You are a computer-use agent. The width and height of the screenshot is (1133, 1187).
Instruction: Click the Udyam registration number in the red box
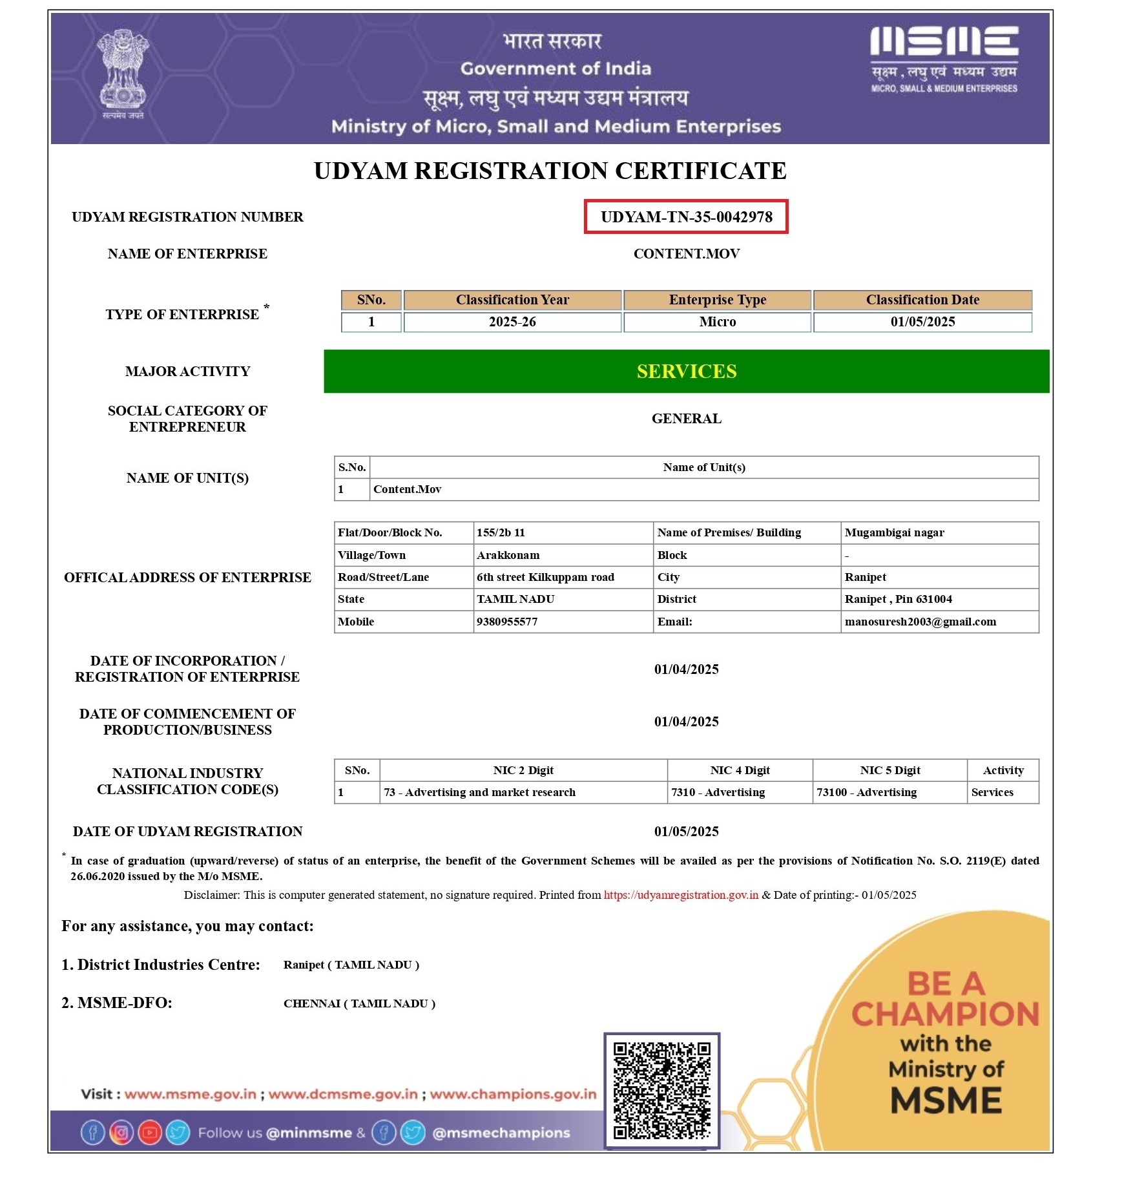686,217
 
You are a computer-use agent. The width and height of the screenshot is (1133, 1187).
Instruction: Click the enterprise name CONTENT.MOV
686,254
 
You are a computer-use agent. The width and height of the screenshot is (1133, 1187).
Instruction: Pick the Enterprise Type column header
717,300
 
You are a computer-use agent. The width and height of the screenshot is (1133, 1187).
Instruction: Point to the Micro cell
717,322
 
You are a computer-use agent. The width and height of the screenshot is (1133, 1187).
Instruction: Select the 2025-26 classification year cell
512,322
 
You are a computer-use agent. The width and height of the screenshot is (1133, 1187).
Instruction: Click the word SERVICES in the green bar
686,372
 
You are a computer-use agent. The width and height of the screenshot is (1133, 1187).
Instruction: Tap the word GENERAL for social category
686,419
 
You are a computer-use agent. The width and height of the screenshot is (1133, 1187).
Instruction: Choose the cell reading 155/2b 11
501,533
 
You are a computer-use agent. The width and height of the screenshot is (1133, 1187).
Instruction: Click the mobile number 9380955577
507,622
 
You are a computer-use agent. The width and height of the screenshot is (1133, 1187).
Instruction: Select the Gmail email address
920,622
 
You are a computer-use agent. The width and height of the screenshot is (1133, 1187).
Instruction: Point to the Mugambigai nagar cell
894,533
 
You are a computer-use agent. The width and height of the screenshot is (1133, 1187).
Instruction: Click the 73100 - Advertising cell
866,792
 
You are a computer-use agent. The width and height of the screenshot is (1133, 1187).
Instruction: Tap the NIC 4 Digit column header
740,770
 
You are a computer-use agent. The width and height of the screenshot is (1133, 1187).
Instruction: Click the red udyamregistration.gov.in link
681,895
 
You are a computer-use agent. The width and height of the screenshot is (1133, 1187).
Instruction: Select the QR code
661,1090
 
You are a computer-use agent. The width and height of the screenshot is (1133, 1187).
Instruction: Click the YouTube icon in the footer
149,1132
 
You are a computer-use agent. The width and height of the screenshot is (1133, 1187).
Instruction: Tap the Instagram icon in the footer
121,1132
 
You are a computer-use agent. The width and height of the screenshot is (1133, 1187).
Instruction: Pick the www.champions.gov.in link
513,1094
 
